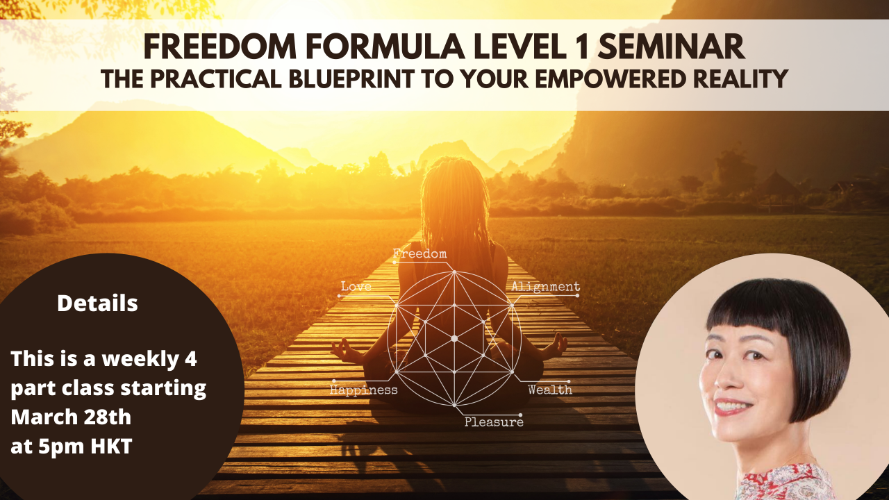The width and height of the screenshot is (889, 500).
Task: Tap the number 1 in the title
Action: pyautogui.click(x=579, y=47)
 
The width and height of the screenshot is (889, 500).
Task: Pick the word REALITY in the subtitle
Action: pyautogui.click(x=738, y=78)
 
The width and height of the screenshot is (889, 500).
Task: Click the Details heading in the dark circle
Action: pyautogui.click(x=97, y=303)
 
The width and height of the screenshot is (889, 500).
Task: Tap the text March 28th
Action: pyautogui.click(x=71, y=417)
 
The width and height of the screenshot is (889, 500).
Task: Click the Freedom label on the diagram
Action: pyautogui.click(x=419, y=254)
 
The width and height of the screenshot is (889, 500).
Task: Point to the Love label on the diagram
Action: pyautogui.click(x=356, y=286)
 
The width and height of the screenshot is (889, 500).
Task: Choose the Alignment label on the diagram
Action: pyautogui.click(x=545, y=286)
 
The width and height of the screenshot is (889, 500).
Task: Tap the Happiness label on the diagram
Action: pyautogui.click(x=363, y=390)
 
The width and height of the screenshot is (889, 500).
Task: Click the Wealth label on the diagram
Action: pyautogui.click(x=549, y=390)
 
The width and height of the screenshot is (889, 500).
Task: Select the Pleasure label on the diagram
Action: pyautogui.click(x=494, y=422)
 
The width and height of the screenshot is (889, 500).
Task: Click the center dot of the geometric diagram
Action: pyautogui.click(x=454, y=338)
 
